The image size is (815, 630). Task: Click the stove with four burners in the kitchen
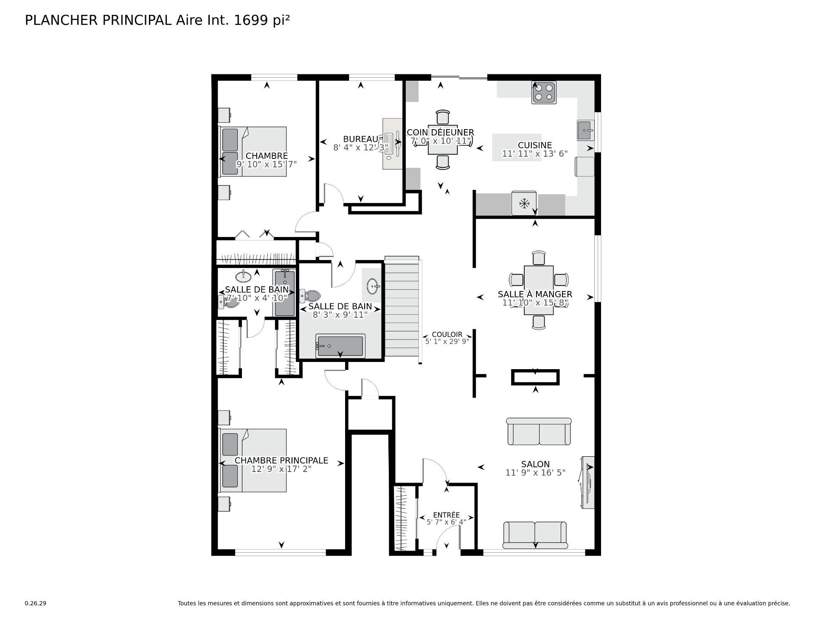tap(544, 92)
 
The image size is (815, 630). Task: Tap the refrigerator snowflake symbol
tap(525, 203)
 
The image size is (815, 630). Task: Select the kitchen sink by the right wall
tap(585, 130)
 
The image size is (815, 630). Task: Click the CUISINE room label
tap(534, 145)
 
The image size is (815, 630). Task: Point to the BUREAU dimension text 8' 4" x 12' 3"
tap(360, 147)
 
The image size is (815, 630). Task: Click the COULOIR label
tap(447, 334)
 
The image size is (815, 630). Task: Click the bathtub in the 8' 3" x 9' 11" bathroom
tap(340, 346)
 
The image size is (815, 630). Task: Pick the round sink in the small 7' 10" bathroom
tap(243, 276)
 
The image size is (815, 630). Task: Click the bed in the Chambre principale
tap(253, 460)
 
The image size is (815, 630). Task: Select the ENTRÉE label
tap(446, 515)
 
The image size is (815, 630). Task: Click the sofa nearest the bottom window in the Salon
tap(535, 535)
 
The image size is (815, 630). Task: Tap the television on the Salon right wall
tap(588, 482)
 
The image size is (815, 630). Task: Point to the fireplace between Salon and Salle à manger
tap(535, 377)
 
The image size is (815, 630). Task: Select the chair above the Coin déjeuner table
tap(443, 117)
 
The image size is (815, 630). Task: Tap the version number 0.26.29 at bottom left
tap(35, 603)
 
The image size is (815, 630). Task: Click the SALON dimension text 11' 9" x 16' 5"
tap(535, 472)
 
